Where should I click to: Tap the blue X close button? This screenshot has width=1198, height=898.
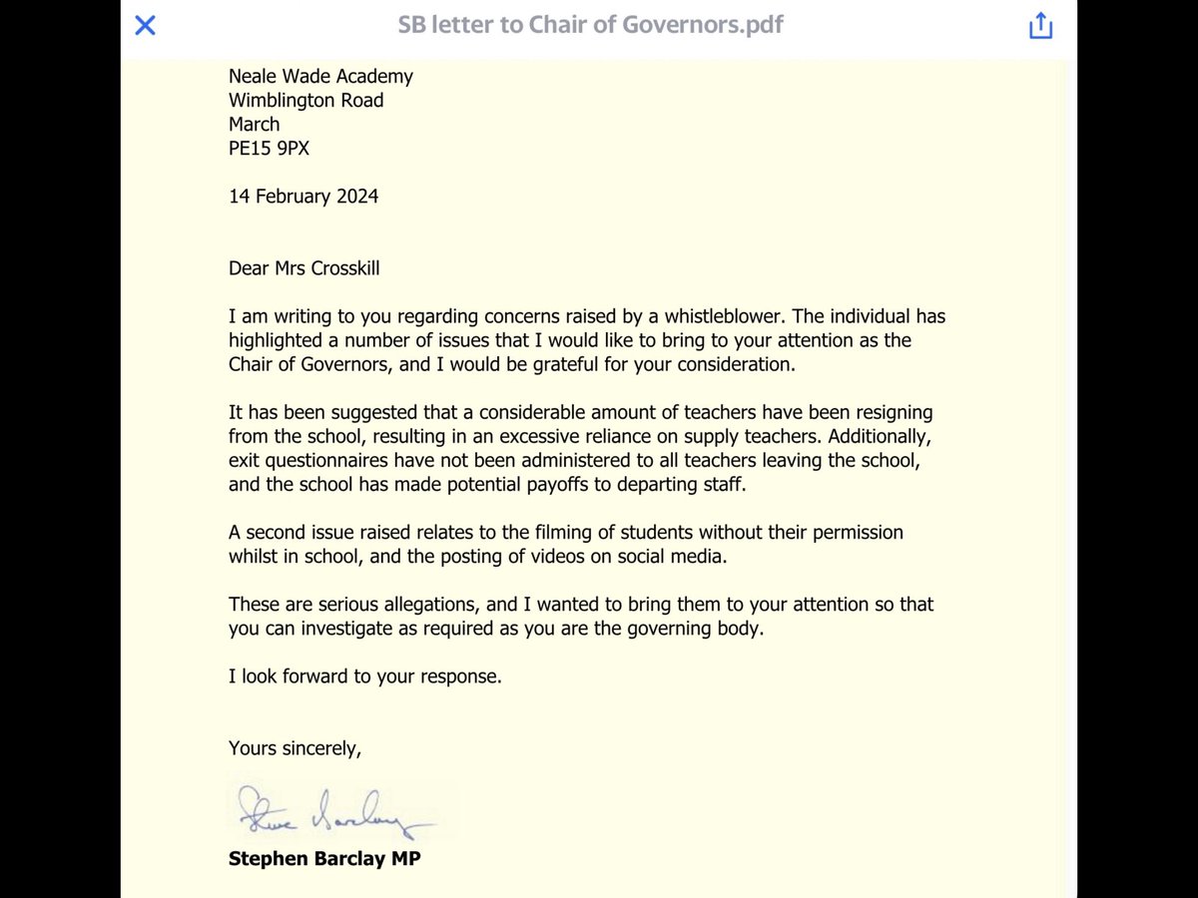[x=145, y=26]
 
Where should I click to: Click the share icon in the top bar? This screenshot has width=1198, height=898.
[x=1040, y=26]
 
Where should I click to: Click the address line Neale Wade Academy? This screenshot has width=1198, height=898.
[x=320, y=77]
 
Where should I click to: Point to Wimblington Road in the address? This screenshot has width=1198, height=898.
[x=305, y=101]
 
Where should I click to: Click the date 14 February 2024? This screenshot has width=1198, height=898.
[x=303, y=197]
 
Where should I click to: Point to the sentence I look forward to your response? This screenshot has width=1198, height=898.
[x=364, y=676]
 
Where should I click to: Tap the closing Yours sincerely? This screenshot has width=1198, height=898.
[x=295, y=748]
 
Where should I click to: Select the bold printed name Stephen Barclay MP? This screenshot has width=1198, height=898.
[x=324, y=858]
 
